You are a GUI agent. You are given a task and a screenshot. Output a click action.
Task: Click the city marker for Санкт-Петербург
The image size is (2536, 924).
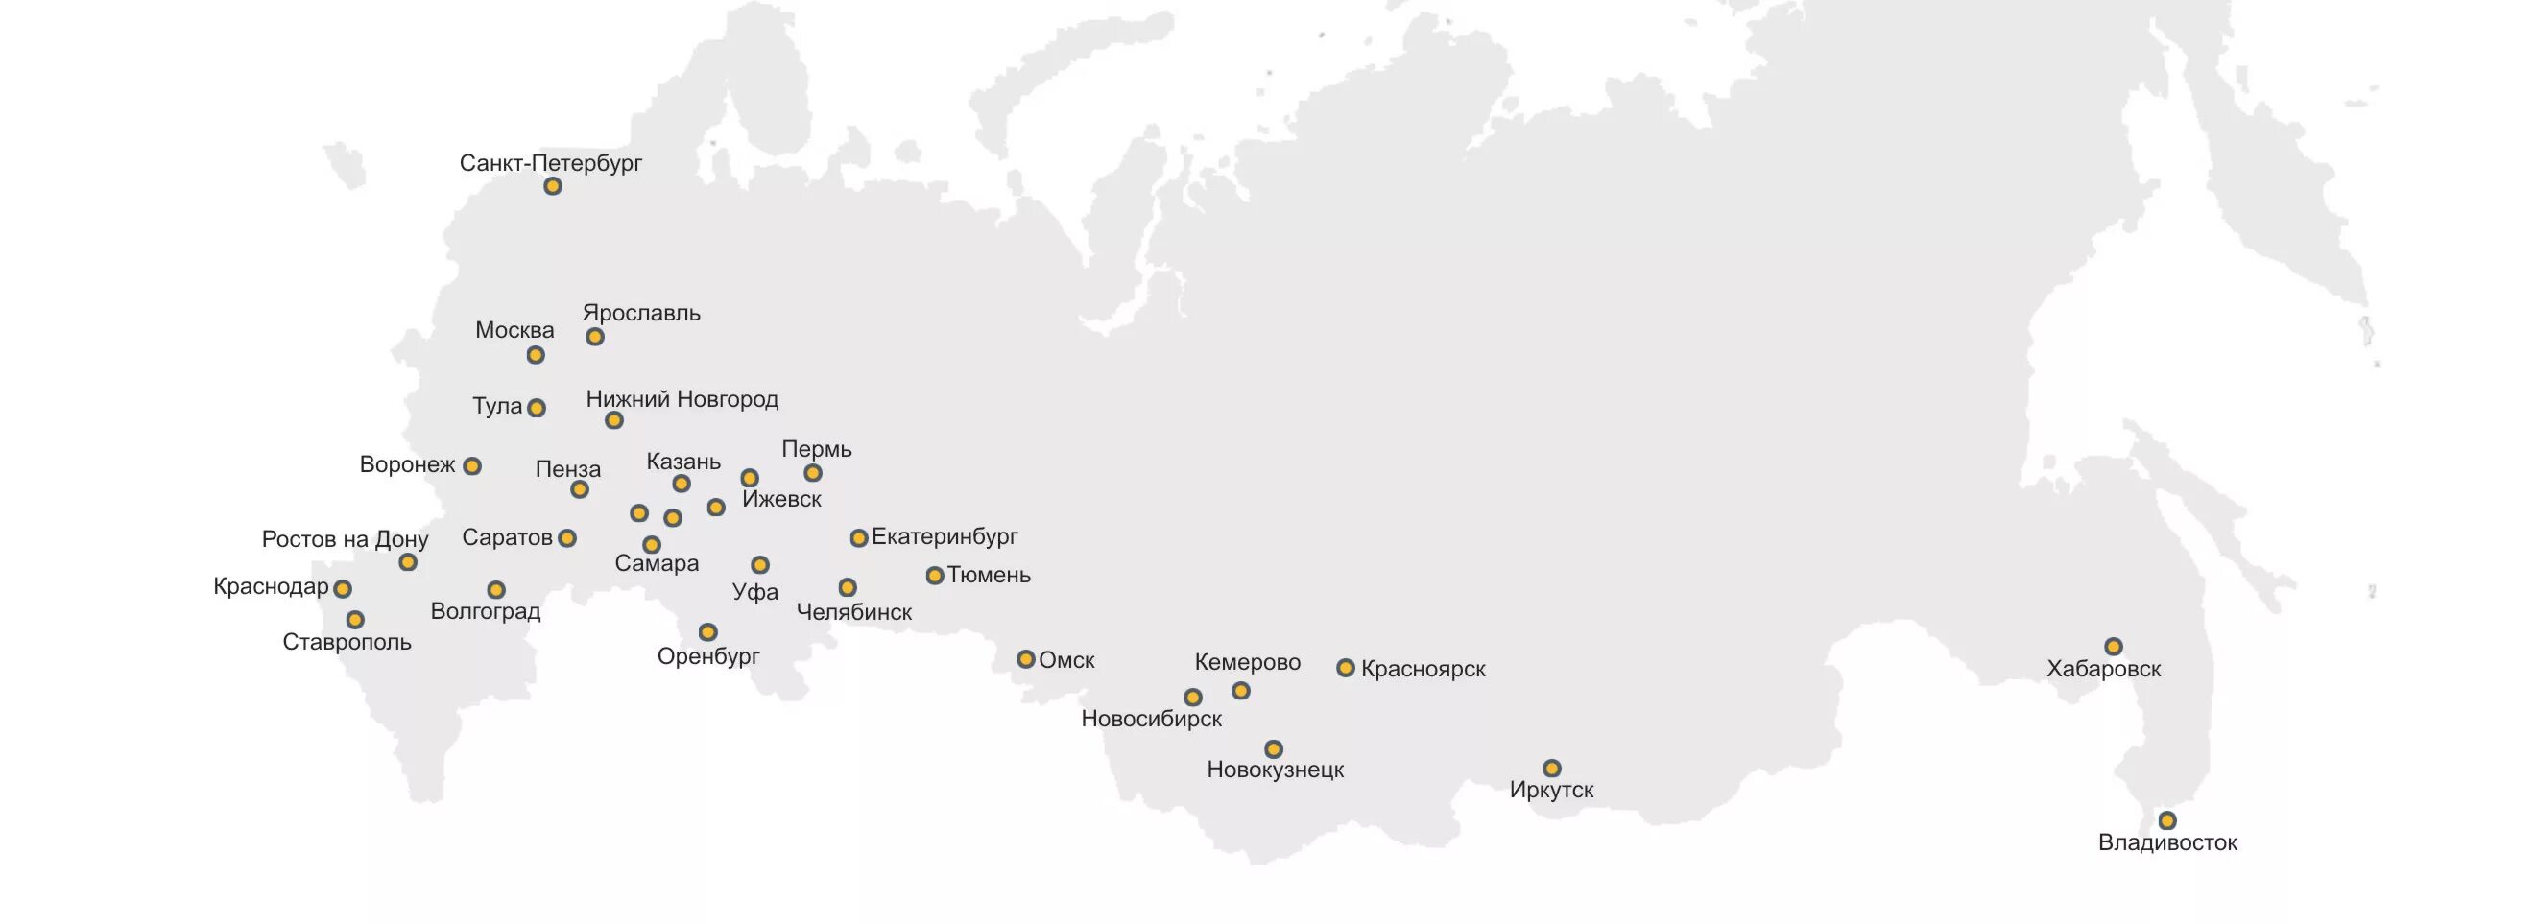tap(552, 186)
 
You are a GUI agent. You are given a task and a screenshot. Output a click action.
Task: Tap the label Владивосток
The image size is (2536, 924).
tap(2166, 842)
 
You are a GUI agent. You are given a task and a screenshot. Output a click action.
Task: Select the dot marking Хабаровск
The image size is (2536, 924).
tap(2113, 647)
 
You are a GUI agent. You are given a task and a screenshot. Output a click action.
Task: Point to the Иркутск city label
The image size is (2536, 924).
tap(1550, 789)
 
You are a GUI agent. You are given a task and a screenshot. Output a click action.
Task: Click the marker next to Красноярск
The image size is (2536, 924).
tap(1345, 668)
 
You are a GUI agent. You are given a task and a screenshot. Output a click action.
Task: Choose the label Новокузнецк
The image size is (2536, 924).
tap(1275, 770)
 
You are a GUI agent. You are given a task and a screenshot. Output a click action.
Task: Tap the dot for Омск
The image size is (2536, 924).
tap(1025, 659)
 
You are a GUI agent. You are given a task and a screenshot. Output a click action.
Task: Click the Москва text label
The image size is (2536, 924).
tap(514, 331)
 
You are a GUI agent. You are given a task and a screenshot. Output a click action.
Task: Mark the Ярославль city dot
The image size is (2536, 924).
tap(594, 337)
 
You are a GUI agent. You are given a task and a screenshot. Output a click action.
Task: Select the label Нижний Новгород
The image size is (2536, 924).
tap(682, 399)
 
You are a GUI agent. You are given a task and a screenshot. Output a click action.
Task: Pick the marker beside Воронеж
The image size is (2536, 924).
tap(471, 465)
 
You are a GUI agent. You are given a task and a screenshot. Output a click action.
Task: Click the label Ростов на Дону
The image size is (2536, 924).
tap(345, 539)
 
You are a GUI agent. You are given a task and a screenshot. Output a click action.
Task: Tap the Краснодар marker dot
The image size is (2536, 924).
tap(342, 588)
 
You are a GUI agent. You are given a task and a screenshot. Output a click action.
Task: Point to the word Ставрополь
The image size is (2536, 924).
tap(347, 643)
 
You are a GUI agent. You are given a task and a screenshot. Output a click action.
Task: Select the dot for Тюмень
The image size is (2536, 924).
tap(934, 576)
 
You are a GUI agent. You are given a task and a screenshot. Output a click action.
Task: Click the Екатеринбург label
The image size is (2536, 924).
tap(945, 537)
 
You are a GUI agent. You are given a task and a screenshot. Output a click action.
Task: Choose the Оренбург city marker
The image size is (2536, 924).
tap(706, 631)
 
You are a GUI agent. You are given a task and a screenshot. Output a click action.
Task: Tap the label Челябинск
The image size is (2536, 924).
tap(853, 612)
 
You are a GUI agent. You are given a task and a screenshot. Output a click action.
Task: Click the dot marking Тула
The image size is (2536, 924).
tap(536, 408)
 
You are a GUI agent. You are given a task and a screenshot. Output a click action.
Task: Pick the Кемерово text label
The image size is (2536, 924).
tap(1246, 662)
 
